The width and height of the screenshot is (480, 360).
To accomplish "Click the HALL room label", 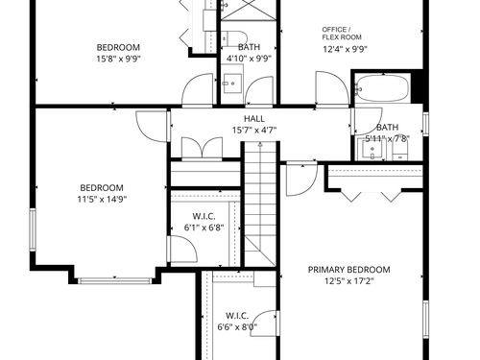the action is (254, 119).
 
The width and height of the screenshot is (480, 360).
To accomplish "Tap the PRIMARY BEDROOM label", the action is (348, 270).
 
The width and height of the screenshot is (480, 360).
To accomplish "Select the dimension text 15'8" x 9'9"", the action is (119, 59).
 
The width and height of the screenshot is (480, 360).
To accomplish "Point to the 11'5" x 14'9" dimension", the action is (102, 199).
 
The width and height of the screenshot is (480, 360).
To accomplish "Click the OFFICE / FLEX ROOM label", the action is (342, 34).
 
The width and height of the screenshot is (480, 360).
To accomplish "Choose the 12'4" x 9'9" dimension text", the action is (345, 49).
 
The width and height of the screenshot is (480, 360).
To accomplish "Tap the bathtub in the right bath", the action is (382, 88).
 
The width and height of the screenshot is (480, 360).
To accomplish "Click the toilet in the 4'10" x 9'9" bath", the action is (234, 38).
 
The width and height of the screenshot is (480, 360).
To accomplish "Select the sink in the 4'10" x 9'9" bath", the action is (232, 84).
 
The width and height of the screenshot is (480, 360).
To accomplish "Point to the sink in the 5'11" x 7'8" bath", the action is (372, 149).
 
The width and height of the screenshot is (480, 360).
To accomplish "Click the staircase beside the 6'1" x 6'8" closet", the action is (260, 204).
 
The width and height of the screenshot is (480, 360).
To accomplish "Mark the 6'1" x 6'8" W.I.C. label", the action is (204, 216).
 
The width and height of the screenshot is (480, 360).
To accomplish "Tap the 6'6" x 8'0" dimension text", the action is (237, 327).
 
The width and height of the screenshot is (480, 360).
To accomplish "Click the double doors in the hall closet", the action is (202, 148).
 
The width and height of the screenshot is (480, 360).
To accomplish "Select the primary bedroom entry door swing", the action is (301, 179).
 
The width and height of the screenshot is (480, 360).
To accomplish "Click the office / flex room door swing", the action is (332, 88).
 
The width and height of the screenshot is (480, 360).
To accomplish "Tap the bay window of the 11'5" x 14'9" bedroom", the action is (114, 281).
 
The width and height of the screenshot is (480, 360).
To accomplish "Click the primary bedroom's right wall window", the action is (425, 320).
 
